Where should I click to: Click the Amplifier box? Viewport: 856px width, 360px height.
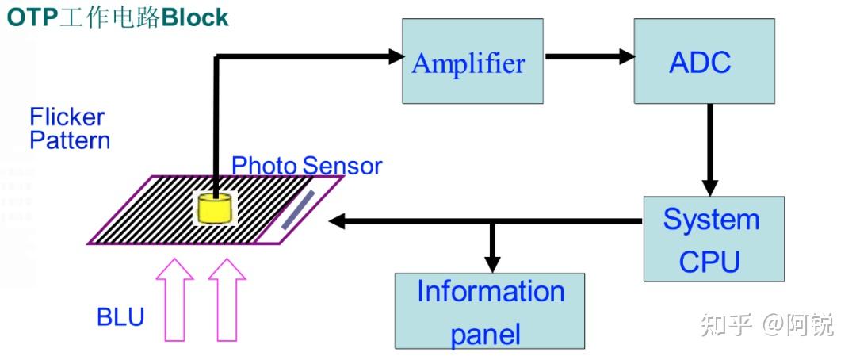(x=472, y=61)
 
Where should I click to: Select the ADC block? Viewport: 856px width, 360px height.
(x=705, y=61)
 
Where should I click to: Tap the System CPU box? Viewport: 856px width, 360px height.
(x=714, y=239)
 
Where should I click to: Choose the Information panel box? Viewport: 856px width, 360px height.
(x=490, y=311)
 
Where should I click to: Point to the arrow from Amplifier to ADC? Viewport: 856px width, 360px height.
(x=590, y=56)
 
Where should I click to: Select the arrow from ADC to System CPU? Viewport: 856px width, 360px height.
(x=709, y=150)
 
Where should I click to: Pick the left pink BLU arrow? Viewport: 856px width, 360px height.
(x=174, y=300)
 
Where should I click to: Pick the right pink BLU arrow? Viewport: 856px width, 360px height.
(x=227, y=300)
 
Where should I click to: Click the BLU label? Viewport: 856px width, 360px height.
(x=120, y=317)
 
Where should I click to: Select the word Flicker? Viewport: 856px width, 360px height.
(x=67, y=117)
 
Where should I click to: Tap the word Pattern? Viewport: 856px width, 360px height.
(x=70, y=140)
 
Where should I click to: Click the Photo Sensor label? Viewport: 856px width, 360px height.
(x=307, y=166)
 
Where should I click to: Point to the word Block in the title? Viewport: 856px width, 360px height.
(x=196, y=17)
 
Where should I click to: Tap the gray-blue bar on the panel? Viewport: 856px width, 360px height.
(x=298, y=210)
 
